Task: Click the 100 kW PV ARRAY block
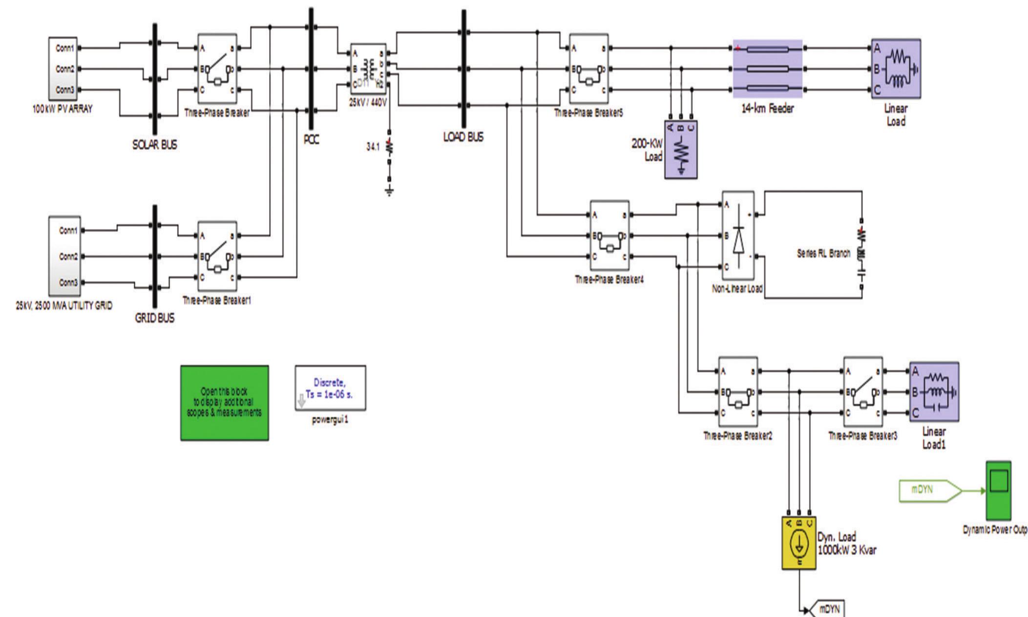tap(63, 68)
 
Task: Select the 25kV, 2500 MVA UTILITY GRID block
tap(64, 256)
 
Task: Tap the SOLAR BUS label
tap(154, 145)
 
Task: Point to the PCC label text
tap(311, 140)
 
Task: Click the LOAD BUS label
tap(463, 137)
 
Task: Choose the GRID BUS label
tap(154, 318)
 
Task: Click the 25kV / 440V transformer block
tap(368, 69)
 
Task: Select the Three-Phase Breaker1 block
tap(217, 256)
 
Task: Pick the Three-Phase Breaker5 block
tap(588, 69)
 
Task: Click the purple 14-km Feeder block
tap(767, 69)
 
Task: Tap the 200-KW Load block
tap(681, 149)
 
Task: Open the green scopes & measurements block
tap(224, 403)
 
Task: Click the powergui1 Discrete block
tap(330, 388)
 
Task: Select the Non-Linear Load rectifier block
tap(738, 235)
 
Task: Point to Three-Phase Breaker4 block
tap(609, 235)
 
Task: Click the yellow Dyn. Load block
tap(798, 543)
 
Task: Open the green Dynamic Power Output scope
tap(998, 490)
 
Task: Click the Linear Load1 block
tap(934, 391)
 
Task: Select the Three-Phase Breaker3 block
tap(862, 392)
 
